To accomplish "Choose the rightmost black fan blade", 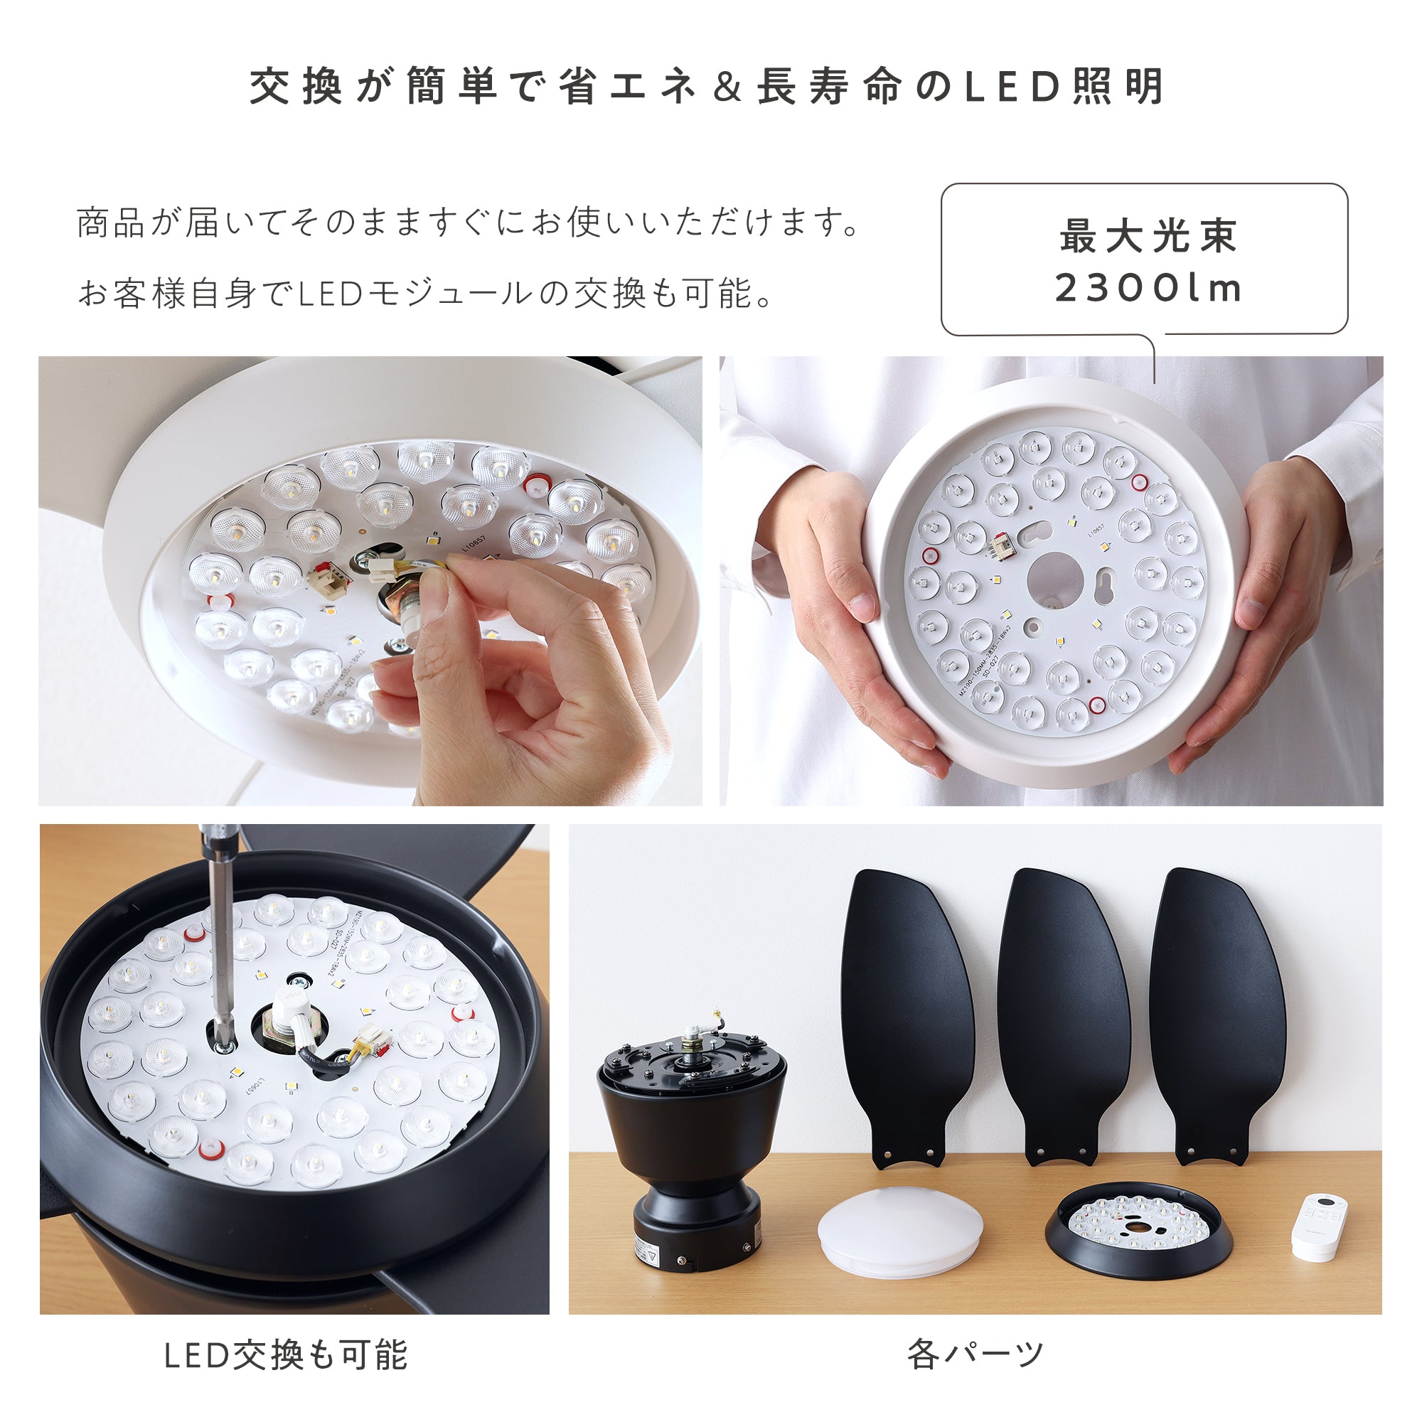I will (x=1215, y=1016).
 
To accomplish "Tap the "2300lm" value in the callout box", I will (x=1148, y=288).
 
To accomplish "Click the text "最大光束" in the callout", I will (x=1148, y=236).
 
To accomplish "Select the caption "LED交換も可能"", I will (x=286, y=1355).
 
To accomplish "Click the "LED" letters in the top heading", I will (x=1012, y=87).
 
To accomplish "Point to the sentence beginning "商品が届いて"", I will (x=468, y=223).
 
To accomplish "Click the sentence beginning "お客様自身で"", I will (x=425, y=293).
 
